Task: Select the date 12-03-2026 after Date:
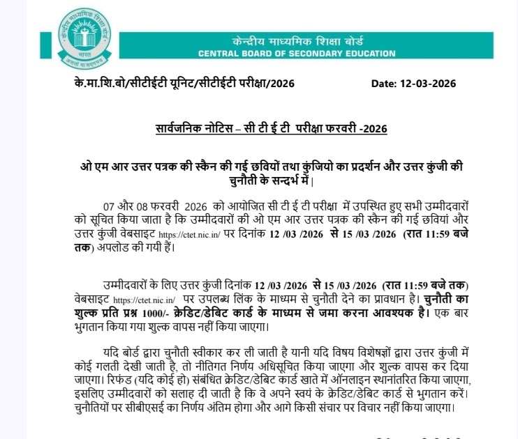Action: point(427,84)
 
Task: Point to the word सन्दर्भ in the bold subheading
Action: point(269,182)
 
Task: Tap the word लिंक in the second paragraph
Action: point(284,298)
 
